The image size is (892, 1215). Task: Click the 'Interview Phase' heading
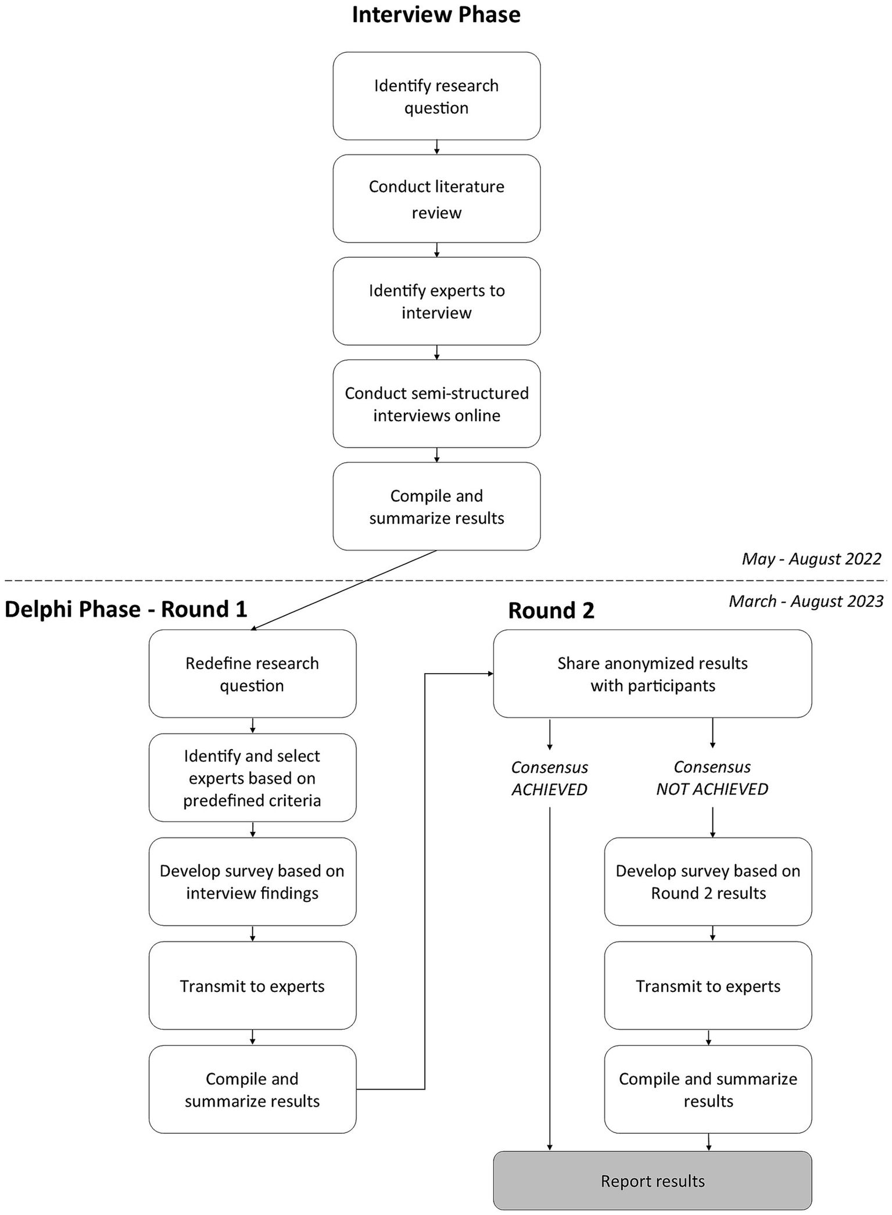(436, 15)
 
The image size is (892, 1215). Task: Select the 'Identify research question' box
(436, 96)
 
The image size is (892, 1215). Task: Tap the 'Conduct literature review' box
(436, 199)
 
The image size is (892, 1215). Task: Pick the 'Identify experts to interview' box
(436, 301)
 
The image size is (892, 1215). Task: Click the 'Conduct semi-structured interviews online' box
(436, 404)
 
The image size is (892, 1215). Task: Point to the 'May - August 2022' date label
(811, 559)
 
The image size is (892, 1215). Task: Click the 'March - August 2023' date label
(806, 601)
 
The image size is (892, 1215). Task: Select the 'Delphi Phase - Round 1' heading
(126, 609)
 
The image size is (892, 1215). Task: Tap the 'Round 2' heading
(551, 610)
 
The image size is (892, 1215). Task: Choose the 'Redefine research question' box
(252, 674)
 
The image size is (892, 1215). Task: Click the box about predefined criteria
(252, 778)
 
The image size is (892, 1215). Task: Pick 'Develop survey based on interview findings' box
(252, 881)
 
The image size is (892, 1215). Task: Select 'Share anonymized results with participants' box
(652, 674)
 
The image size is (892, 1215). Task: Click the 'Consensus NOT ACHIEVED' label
(712, 778)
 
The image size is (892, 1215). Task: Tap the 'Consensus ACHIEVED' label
(549, 778)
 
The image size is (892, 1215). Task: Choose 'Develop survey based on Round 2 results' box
(708, 881)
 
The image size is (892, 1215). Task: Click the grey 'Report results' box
(652, 1181)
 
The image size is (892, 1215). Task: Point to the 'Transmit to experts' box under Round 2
(708, 986)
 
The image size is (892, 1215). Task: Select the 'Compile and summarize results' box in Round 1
(252, 1089)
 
